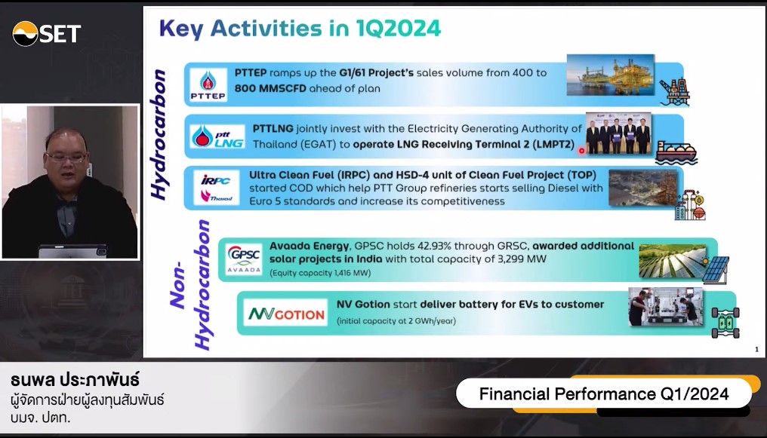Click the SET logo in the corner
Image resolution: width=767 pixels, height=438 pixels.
(x=47, y=34)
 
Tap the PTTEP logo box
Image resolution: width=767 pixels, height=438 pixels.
(x=208, y=84)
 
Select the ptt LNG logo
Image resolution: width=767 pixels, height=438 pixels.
(x=217, y=136)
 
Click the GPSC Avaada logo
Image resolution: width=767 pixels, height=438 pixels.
(x=244, y=259)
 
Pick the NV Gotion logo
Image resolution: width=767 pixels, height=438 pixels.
(x=285, y=313)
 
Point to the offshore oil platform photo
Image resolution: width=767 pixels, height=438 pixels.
(x=611, y=75)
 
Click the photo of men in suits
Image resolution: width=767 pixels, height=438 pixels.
(x=618, y=133)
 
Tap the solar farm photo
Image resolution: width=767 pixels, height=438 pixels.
(x=673, y=262)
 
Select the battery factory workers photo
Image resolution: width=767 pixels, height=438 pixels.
(x=665, y=307)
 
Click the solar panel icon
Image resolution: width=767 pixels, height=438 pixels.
(x=716, y=270)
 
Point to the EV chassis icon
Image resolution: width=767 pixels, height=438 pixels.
(x=725, y=323)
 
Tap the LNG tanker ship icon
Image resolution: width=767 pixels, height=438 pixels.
(x=676, y=153)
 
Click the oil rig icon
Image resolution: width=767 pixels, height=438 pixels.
(x=675, y=92)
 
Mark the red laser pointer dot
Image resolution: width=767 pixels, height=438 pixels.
(x=581, y=151)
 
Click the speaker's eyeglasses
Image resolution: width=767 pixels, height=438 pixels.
(x=66, y=158)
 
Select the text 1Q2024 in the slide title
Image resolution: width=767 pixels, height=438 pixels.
(x=398, y=29)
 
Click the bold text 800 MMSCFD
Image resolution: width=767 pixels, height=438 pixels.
(x=270, y=88)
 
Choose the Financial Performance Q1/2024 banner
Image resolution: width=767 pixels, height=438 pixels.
(x=604, y=394)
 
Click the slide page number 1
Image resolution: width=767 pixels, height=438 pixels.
(x=756, y=349)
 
